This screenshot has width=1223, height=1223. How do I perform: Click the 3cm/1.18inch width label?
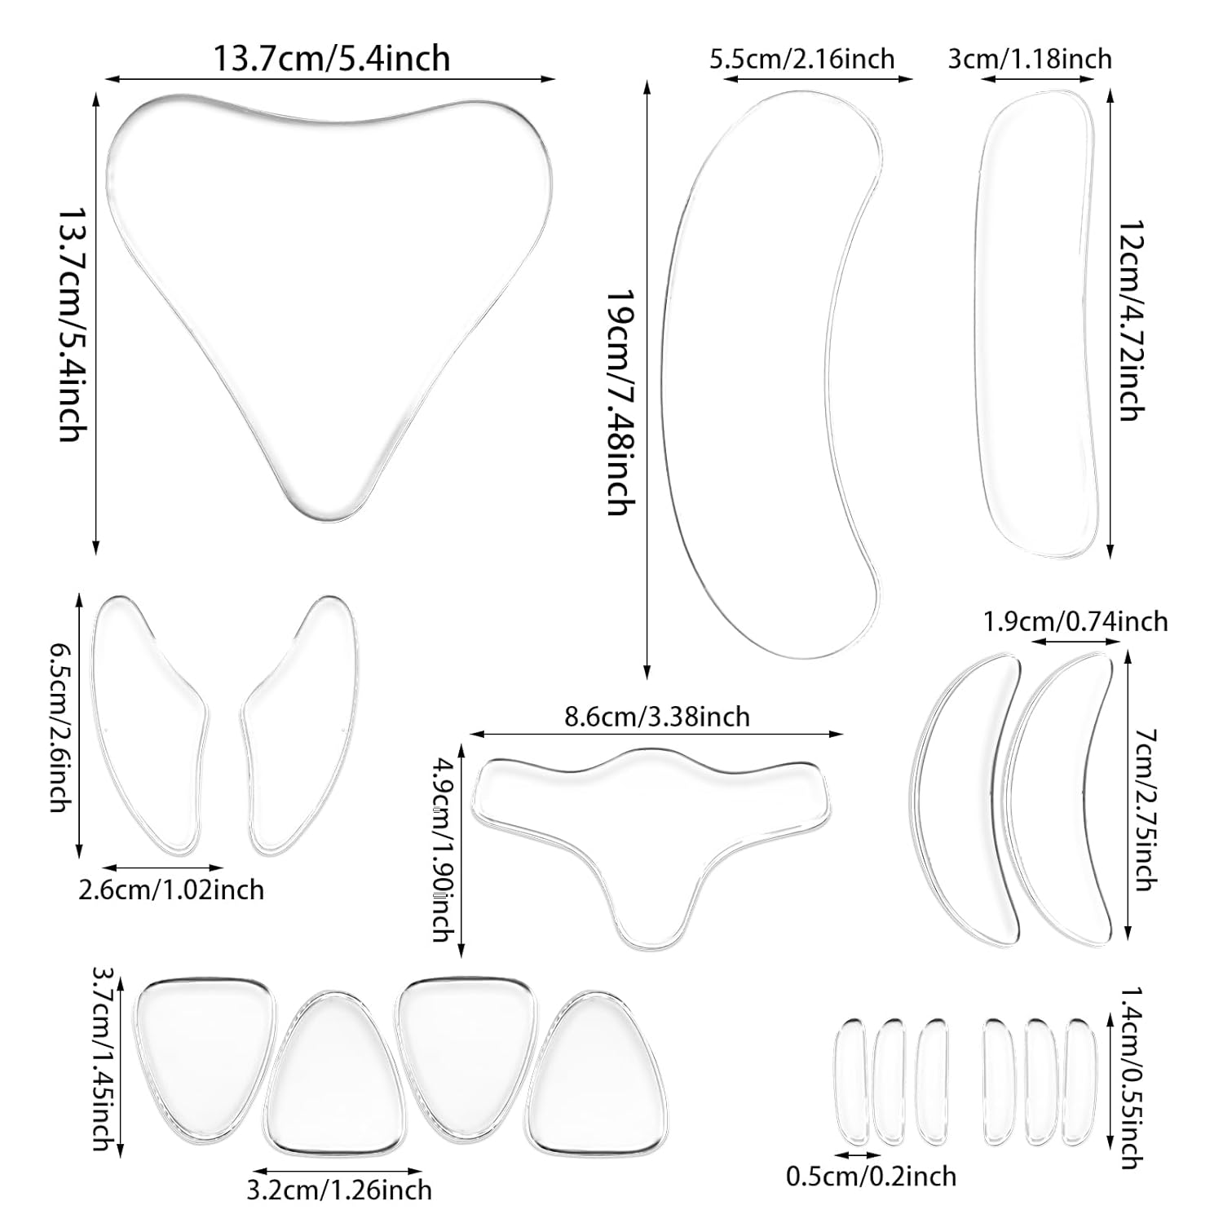[x=1030, y=59]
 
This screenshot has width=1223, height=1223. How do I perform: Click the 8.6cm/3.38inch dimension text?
[x=656, y=716]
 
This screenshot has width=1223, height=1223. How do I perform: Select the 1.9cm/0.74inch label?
[x=1075, y=621]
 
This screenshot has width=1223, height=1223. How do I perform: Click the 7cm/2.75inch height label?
[x=1146, y=809]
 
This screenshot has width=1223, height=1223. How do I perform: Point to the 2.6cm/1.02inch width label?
[x=171, y=889]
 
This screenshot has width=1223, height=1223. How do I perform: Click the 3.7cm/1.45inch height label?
[x=101, y=1058]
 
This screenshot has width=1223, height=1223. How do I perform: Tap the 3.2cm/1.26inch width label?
[x=339, y=1190]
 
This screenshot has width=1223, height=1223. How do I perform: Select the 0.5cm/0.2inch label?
[x=871, y=1176]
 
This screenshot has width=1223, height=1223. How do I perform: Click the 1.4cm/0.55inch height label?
[x=1130, y=1077]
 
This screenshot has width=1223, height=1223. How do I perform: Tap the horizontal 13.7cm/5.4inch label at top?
[x=331, y=58]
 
